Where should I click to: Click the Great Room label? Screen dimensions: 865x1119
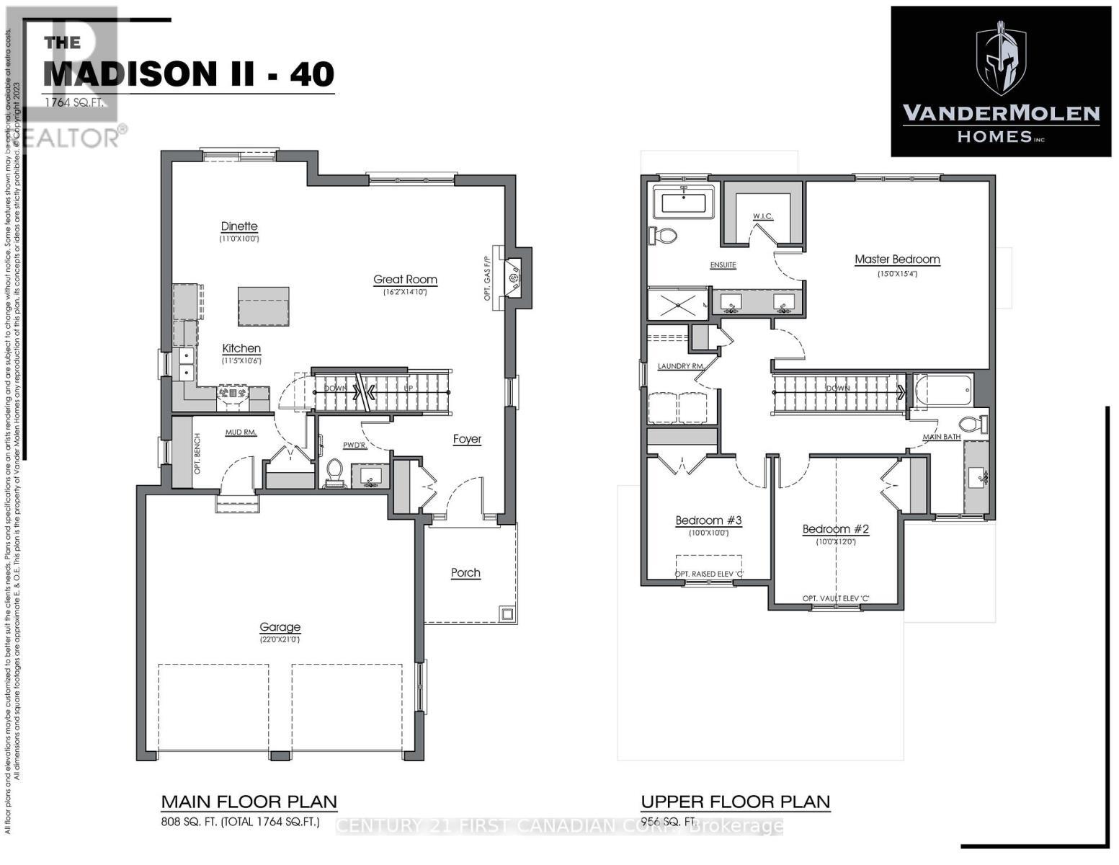click(405, 280)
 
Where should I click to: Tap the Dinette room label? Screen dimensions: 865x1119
click(239, 226)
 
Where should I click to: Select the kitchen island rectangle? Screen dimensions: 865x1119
click(264, 306)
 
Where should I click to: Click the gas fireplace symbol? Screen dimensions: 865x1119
click(514, 278)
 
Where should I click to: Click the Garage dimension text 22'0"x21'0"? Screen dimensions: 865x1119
click(280, 639)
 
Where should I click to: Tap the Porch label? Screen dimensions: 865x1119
click(465, 572)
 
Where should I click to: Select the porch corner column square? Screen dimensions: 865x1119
click(508, 614)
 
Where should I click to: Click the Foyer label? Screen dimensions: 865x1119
click(467, 439)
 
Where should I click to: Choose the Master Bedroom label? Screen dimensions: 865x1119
click(897, 259)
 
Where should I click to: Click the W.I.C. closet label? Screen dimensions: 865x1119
click(762, 216)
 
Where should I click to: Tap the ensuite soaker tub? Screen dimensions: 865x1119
click(684, 202)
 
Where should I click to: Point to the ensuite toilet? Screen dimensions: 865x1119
click(663, 236)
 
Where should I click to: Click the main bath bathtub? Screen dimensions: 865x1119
click(943, 391)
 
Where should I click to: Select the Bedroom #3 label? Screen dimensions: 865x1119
click(708, 520)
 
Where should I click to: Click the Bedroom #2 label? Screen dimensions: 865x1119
click(836, 529)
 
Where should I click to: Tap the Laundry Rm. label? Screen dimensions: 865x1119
click(680, 366)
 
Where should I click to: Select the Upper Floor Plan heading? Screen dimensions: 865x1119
click(736, 802)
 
